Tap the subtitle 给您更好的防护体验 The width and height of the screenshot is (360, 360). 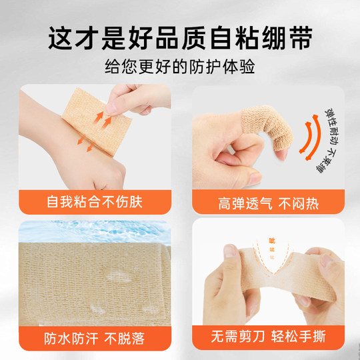pos(180,68)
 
